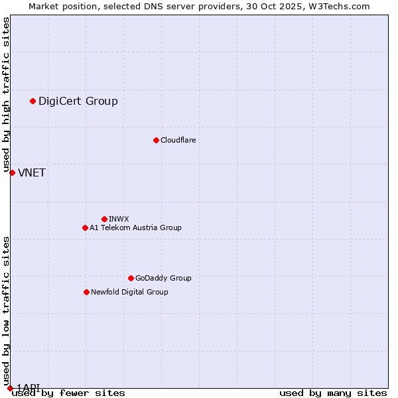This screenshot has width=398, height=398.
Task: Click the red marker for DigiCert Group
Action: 33,101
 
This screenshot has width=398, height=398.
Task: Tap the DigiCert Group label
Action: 78,101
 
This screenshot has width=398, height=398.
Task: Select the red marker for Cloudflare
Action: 156,140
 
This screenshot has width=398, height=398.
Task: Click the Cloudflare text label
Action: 178,140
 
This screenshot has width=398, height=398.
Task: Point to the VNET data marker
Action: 12,172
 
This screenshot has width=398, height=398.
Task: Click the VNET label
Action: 32,173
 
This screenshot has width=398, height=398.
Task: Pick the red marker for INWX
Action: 104,219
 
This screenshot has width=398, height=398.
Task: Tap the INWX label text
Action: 119,219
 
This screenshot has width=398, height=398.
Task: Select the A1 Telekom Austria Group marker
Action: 85,228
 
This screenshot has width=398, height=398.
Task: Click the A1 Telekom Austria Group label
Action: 135,228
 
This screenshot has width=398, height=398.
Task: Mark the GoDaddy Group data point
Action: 131,278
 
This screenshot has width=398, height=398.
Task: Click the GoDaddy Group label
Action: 163,278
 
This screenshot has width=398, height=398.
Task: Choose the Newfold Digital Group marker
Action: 86,292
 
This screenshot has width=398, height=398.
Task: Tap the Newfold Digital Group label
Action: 129,292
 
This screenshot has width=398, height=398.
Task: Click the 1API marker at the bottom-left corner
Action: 10,388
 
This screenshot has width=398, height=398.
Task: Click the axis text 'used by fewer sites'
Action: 68,393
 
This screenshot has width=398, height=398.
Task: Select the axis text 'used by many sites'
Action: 333,393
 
